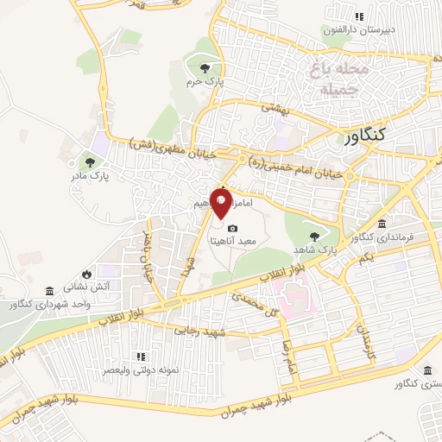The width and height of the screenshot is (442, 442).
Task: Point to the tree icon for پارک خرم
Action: pyautogui.click(x=204, y=68)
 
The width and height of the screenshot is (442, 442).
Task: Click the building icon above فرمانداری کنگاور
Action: pyautogui.click(x=382, y=223)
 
